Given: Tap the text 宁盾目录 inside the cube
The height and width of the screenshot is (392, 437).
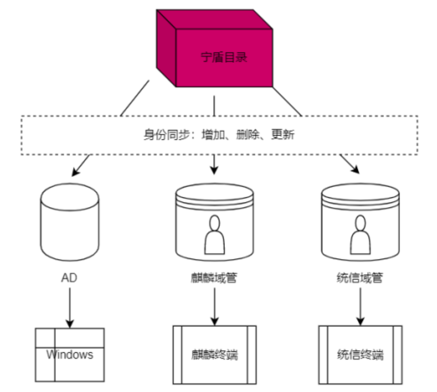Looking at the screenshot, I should (x=224, y=57).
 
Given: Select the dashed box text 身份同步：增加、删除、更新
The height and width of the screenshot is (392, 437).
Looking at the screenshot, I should (x=218, y=135).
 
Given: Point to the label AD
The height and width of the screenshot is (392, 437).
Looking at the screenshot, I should (x=70, y=278).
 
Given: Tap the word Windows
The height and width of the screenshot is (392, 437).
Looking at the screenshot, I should (x=69, y=355).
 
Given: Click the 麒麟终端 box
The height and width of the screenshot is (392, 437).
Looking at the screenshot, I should (x=215, y=355).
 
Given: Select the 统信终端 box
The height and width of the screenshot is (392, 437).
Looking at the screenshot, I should (x=360, y=355).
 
